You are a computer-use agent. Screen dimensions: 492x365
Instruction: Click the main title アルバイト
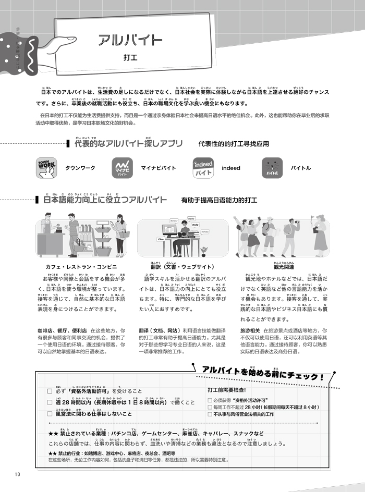click(x=130, y=40)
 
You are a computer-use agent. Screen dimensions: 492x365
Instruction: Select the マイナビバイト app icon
click(x=123, y=168)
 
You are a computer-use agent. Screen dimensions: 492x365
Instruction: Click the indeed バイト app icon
click(x=203, y=168)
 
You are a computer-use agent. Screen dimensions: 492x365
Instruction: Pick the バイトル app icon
click(x=272, y=168)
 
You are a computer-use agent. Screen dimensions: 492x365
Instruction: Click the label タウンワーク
click(x=80, y=168)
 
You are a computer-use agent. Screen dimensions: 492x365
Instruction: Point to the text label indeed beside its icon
click(x=231, y=168)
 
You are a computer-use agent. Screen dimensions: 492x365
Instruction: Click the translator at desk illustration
click(x=182, y=238)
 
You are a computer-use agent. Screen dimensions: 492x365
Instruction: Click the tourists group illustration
click(x=284, y=238)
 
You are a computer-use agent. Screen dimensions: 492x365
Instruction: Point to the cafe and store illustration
click(x=81, y=238)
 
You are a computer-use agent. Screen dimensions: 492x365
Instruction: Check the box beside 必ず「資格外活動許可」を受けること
click(x=50, y=391)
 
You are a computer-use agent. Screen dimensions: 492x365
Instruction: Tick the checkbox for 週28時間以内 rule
click(x=50, y=402)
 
